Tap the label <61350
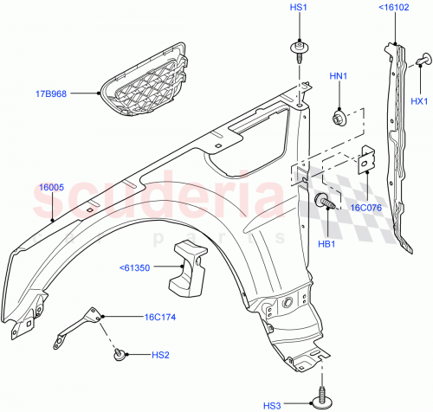[141, 268]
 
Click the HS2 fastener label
[161, 354]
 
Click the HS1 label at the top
[296, 9]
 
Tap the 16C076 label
[365, 208]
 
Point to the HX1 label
[419, 102]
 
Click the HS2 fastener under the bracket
[121, 352]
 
